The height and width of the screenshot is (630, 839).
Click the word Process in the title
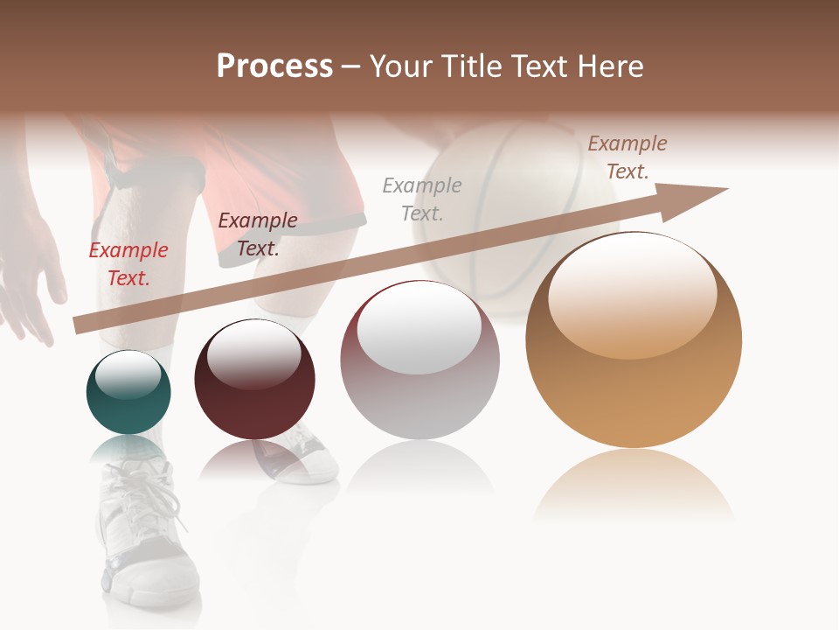coord(274,66)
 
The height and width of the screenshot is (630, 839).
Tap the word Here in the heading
coord(610,66)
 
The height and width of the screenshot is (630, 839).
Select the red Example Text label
coord(128,264)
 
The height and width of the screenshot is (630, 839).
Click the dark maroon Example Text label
coord(258,234)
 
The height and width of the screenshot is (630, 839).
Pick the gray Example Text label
coord(422,199)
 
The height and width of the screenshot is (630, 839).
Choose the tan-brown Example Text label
coord(628,157)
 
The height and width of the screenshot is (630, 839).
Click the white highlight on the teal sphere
coord(128,374)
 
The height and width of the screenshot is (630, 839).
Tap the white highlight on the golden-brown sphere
coord(632,296)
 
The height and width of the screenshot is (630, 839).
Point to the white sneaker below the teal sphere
coord(144,534)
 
